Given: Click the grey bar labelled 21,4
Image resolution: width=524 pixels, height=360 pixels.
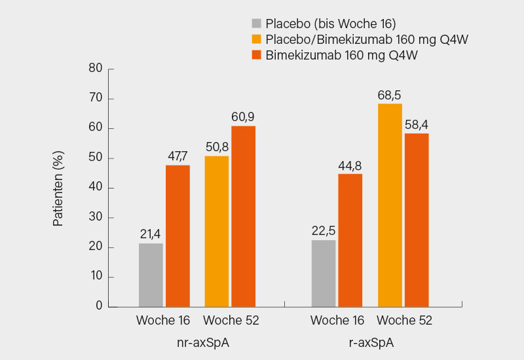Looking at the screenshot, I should tap(151, 275).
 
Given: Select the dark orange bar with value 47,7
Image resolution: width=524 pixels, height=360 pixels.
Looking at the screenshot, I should tap(178, 236).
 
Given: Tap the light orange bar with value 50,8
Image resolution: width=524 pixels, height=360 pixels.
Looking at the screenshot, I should tap(217, 231).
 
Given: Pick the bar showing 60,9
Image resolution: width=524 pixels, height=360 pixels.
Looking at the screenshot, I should tap(243, 216).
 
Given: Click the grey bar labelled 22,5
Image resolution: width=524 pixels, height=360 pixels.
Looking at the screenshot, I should tap(324, 273).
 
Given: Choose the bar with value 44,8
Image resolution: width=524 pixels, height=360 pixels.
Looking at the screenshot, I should tap(350, 240).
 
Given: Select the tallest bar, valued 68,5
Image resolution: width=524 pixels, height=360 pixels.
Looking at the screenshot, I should tap(390, 204).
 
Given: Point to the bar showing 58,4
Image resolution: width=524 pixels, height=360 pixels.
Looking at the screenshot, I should tap(417, 219).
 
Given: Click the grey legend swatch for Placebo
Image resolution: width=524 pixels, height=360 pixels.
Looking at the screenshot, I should tap(256, 24).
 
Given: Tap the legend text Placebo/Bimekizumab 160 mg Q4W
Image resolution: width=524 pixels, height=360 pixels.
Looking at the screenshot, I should tap(367, 39).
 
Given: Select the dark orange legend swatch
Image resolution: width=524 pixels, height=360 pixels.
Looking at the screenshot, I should tap(256, 54).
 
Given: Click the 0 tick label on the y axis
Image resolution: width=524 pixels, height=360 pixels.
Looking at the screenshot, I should tap(99, 306).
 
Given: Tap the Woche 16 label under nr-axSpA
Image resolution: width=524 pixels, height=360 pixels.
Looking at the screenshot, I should tap(163, 321).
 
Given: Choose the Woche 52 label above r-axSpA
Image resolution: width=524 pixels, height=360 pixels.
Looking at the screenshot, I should tap(404, 321).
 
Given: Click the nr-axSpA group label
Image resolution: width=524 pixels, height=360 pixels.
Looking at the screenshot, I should tap(198, 342).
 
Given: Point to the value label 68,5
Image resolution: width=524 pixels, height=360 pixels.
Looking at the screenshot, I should tap(390, 94).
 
